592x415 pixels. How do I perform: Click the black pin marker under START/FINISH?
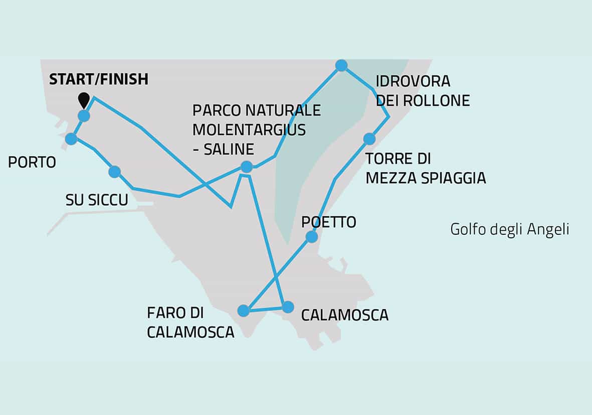coord(84,100)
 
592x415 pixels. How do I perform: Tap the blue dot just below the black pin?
coord(84,116)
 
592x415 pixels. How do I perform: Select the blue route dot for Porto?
coord(72,139)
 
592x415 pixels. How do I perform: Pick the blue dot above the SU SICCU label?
coord(115,172)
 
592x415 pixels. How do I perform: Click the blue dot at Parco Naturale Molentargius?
coord(246,167)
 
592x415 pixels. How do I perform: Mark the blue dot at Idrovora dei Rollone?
coord(341,65)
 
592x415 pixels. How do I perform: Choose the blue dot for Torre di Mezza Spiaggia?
coord(369,139)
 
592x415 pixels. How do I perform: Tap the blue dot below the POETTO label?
coord(312,236)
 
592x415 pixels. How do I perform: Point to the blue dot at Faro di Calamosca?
coord(243,311)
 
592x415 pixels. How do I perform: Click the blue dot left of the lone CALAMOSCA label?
coord(288,307)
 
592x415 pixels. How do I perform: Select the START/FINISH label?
coord(99,79)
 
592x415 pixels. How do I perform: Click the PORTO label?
coord(32,163)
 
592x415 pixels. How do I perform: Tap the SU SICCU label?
coord(97,200)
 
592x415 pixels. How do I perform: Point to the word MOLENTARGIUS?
coord(249,129)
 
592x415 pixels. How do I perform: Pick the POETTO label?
coord(329,222)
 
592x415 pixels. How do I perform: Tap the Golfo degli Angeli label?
coord(510,229)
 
